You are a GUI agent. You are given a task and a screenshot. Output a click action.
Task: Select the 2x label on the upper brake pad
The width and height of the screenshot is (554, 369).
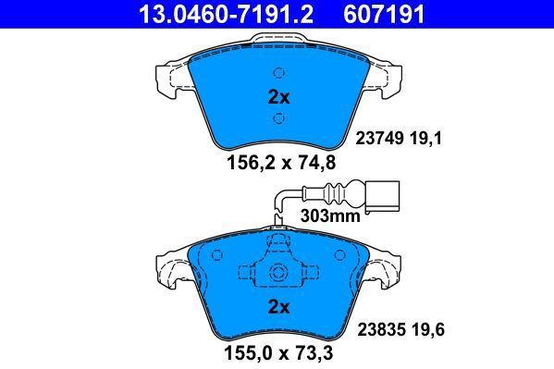(x=278, y=96)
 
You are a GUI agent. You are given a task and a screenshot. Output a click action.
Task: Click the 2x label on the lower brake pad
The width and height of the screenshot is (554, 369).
(x=278, y=306)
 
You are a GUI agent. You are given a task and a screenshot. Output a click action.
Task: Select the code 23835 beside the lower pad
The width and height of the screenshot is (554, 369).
(x=376, y=326)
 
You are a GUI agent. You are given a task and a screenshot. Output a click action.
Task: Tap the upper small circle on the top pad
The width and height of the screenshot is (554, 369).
(x=278, y=74)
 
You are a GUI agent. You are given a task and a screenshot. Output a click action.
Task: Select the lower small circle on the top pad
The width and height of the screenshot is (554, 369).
(x=278, y=118)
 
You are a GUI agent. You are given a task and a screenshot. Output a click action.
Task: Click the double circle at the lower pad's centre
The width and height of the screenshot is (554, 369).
(x=278, y=273)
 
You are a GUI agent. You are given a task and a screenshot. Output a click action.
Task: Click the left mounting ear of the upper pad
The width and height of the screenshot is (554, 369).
(x=172, y=78)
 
